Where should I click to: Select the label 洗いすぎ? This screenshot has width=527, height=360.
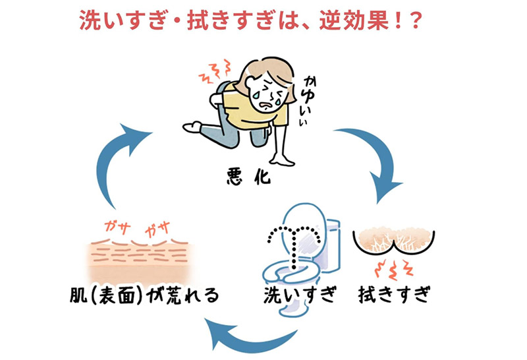point(300,295)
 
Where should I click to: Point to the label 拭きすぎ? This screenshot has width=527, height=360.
point(395,295)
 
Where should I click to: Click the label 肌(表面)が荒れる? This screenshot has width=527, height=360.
point(144,295)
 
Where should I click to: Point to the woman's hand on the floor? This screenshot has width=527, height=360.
point(282,159)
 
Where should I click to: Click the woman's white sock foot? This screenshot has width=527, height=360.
point(192,127)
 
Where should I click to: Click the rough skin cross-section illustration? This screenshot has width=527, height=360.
point(139,260)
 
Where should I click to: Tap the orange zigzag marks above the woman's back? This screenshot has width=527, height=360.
point(215,72)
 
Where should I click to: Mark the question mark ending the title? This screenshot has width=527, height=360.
point(416,20)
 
